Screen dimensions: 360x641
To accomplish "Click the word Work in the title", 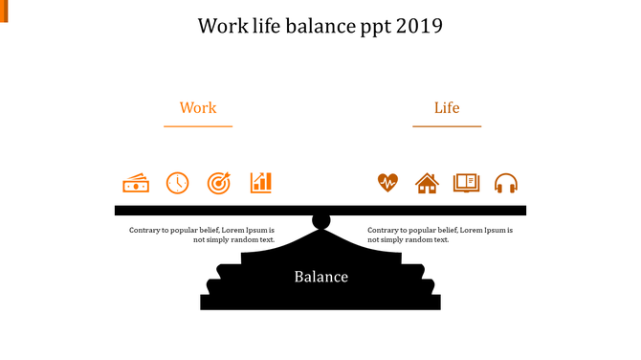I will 219,26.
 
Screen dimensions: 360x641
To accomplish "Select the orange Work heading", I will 198,108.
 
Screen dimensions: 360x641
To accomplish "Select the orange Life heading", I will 447,108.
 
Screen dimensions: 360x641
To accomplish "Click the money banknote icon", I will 136,183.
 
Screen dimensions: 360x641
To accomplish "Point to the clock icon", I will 178,183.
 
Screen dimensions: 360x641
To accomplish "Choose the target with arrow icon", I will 219,183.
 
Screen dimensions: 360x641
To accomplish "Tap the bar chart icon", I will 261,182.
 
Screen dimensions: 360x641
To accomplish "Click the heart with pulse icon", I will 387,183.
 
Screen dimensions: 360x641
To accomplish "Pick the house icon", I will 427,183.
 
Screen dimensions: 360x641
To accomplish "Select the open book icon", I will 466,182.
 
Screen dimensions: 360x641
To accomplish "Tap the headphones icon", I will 506,183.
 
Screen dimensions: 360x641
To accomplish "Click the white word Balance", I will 320,278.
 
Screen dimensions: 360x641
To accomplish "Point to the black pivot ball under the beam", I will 320,222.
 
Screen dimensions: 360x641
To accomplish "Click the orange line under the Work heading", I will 198,125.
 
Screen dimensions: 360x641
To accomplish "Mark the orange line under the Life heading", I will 447,125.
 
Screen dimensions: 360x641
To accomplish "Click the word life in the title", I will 263,26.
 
